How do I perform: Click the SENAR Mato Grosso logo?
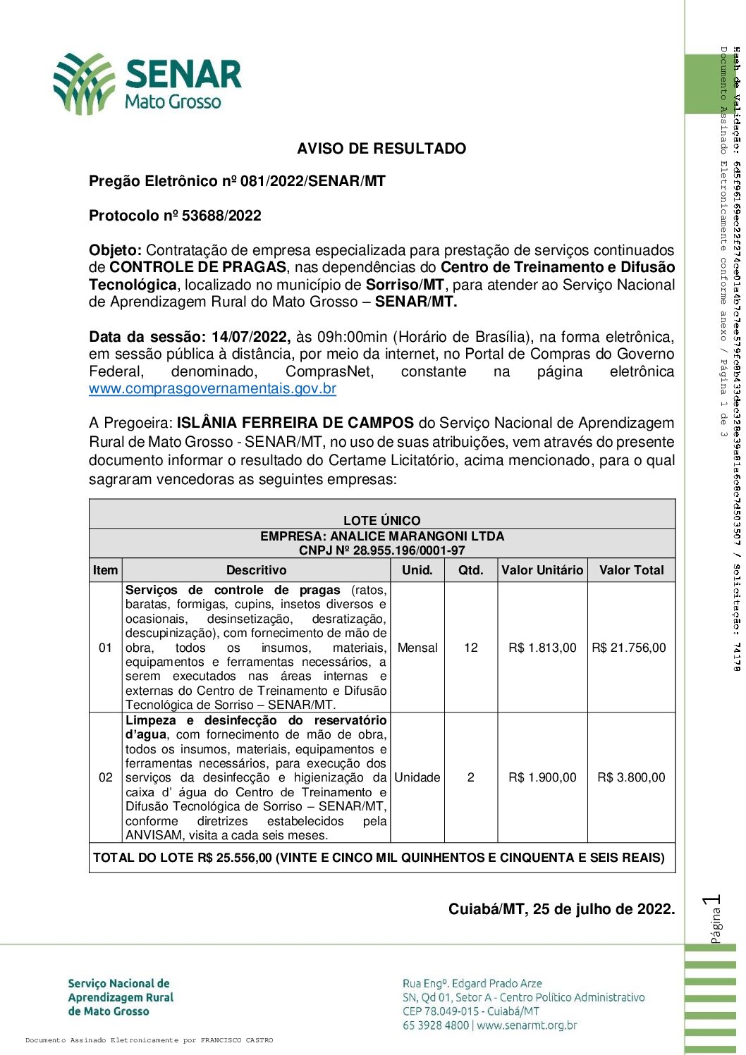click(x=148, y=83)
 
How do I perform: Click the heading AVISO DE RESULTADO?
click(x=381, y=149)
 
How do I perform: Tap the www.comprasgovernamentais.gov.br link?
click(x=212, y=388)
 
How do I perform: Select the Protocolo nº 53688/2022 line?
click(x=175, y=216)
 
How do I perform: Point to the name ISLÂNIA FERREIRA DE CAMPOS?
click(x=295, y=423)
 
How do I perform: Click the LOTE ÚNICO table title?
click(x=381, y=520)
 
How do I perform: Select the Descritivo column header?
click(x=256, y=570)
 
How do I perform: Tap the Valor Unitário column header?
click(x=542, y=570)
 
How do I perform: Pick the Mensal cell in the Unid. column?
click(x=417, y=648)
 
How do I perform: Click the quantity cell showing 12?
click(x=471, y=648)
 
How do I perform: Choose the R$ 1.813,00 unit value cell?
click(x=542, y=648)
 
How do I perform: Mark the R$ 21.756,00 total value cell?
click(x=628, y=648)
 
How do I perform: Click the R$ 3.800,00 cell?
click(x=631, y=777)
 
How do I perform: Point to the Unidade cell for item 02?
click(x=417, y=777)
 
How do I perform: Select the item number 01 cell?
click(x=105, y=648)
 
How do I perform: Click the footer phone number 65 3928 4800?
click(x=435, y=1025)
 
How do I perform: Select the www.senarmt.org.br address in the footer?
click(x=527, y=1025)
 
